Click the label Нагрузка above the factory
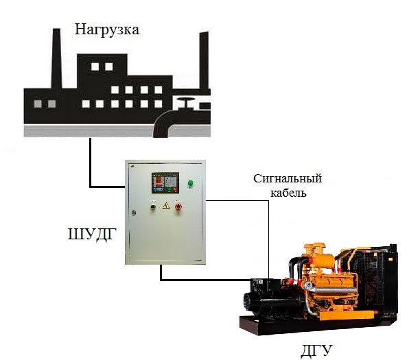(x=106, y=30)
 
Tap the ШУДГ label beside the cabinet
(x=92, y=234)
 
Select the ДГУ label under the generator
(x=316, y=350)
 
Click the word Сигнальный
(x=288, y=178)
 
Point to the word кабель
(x=288, y=193)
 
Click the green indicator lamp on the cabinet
(x=190, y=183)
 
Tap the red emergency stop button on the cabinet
(x=178, y=206)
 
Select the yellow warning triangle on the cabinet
(x=166, y=206)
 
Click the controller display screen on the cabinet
(x=165, y=182)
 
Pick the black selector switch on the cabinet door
(x=153, y=207)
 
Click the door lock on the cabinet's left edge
(x=134, y=213)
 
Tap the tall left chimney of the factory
(x=56, y=59)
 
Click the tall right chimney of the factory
(x=204, y=60)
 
